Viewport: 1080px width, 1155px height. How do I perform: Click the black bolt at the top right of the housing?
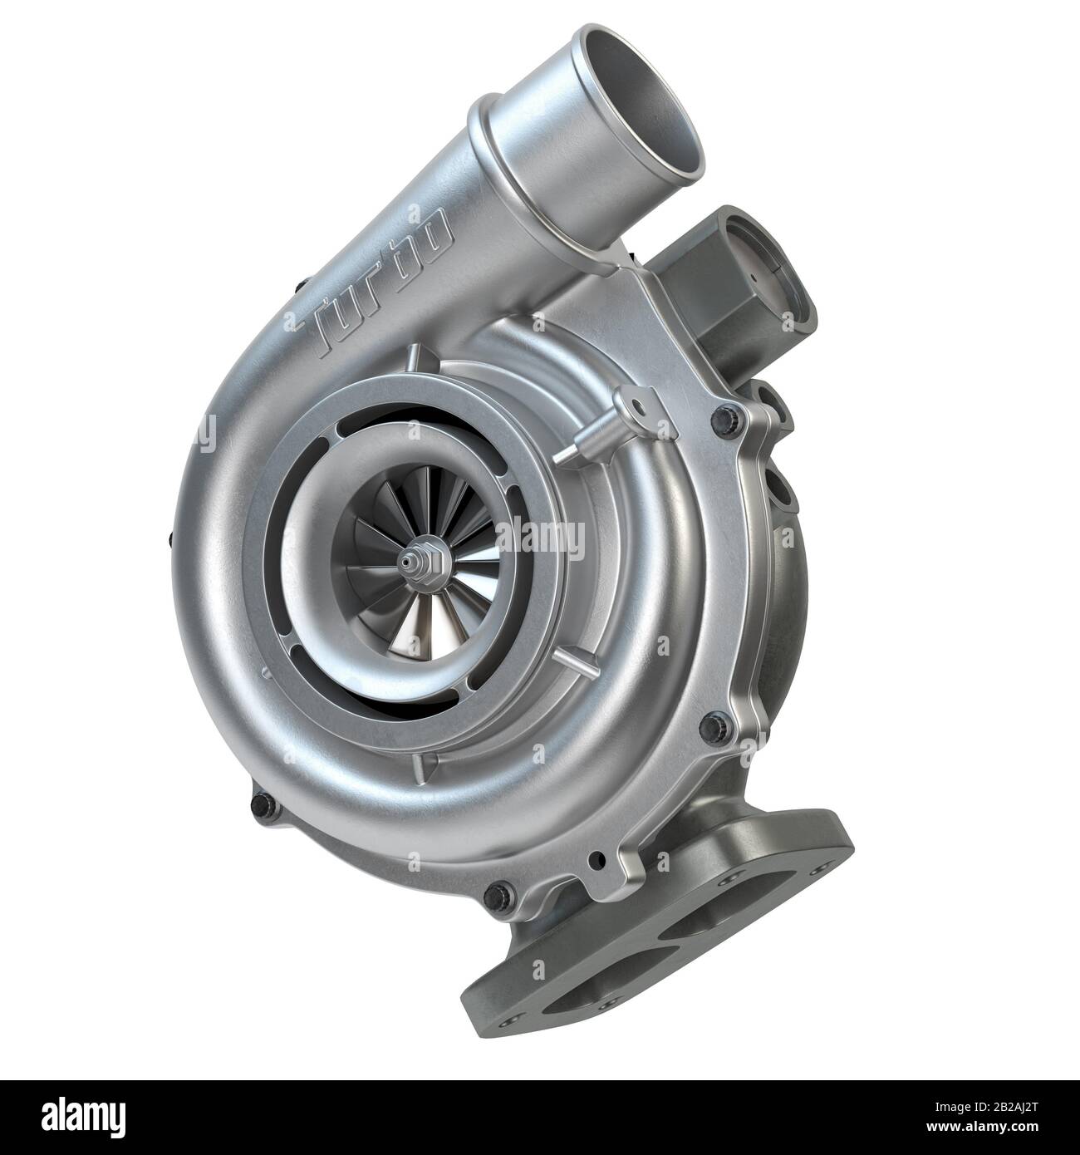coord(728,413)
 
